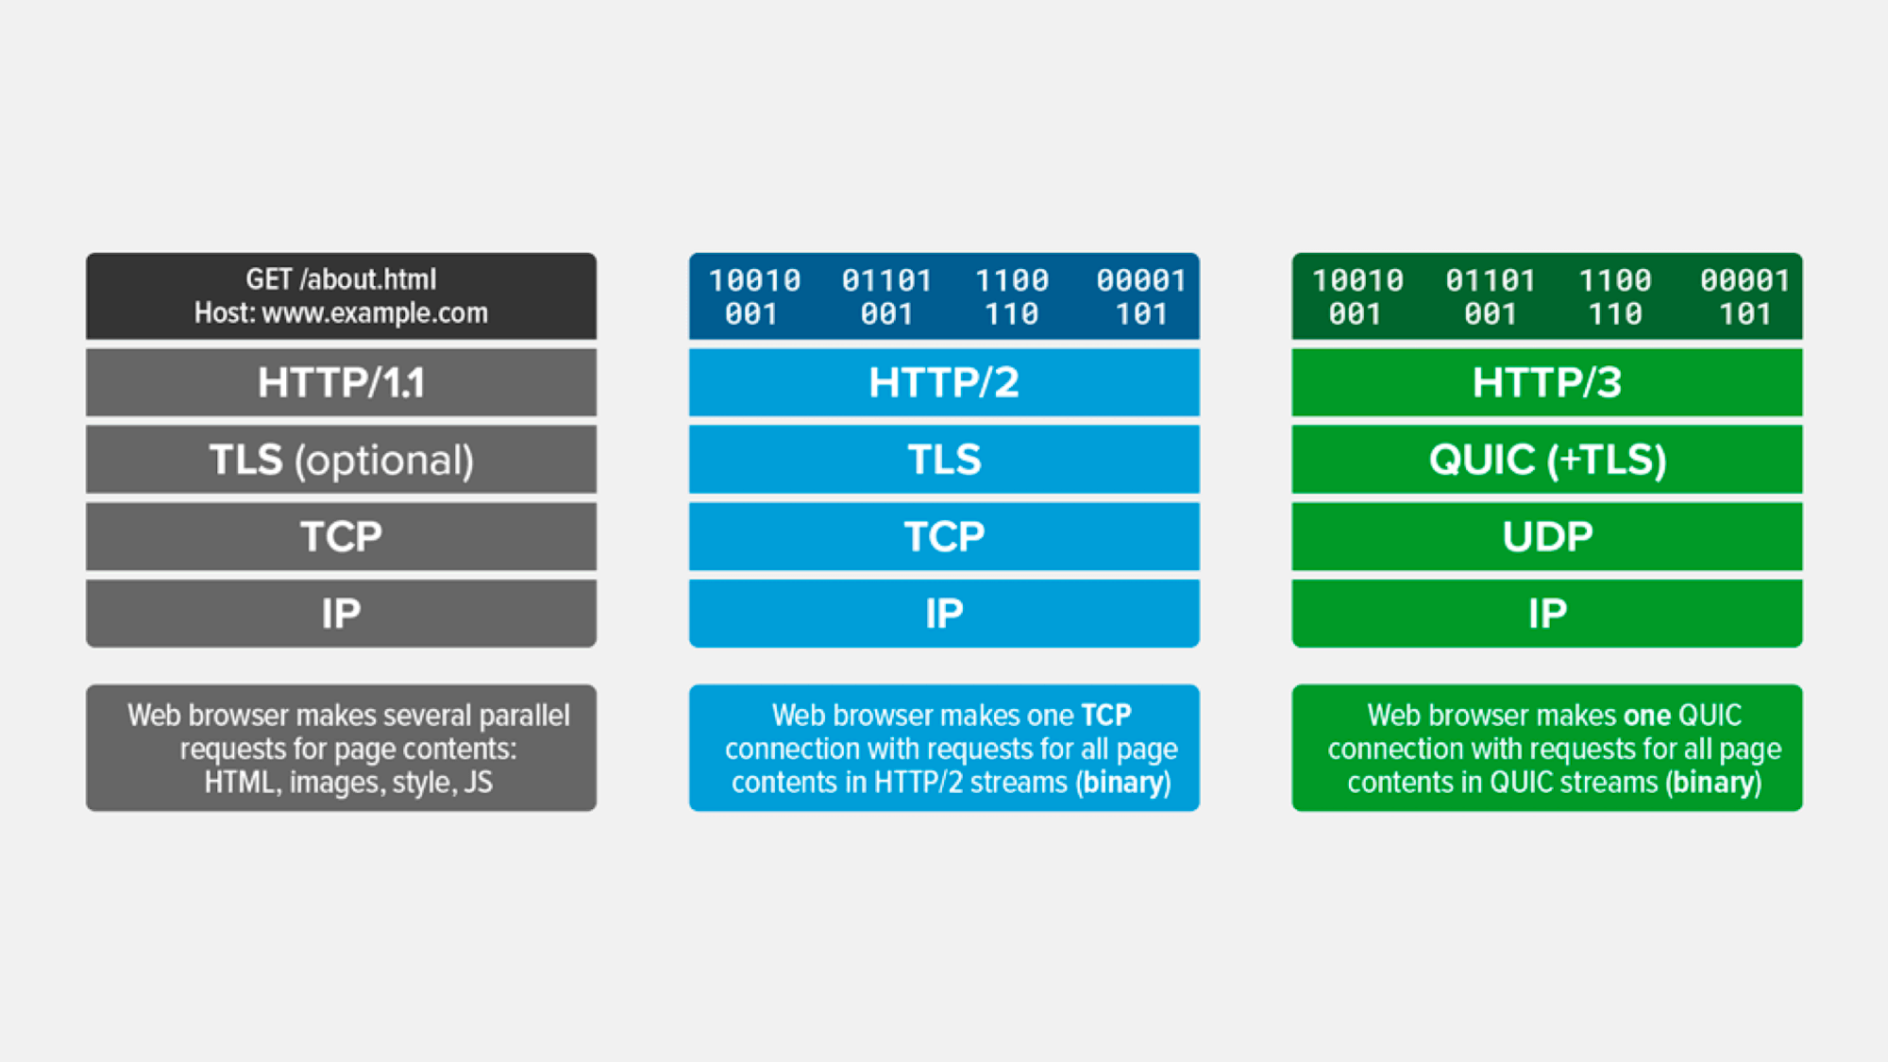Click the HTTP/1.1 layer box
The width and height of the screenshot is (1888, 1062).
click(x=341, y=382)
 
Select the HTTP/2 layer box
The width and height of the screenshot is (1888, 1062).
click(x=944, y=382)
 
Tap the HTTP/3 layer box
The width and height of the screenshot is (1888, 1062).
click(x=1547, y=382)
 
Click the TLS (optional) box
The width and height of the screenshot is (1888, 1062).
click(x=341, y=460)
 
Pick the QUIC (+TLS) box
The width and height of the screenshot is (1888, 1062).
click(x=1547, y=460)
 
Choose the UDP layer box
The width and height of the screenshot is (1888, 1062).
click(x=1547, y=536)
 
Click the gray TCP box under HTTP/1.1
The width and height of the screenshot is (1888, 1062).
click(x=341, y=536)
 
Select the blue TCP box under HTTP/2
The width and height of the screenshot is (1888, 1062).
click(x=944, y=536)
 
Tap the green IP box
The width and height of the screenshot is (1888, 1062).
click(x=1547, y=614)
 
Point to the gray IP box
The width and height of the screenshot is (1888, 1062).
click(x=341, y=614)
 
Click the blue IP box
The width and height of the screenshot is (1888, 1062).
click(x=944, y=614)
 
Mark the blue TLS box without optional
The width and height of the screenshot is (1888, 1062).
click(x=944, y=460)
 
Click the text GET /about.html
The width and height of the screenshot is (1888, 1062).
click(x=341, y=279)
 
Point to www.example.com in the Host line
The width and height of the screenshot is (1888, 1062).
click(x=375, y=313)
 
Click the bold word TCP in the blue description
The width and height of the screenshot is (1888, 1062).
click(x=1106, y=716)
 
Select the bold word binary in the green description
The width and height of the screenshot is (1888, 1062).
click(x=1713, y=783)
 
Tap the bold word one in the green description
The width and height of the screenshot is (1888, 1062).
click(x=1647, y=716)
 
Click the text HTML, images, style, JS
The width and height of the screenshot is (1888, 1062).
click(x=348, y=783)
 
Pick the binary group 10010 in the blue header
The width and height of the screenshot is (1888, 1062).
click(x=754, y=280)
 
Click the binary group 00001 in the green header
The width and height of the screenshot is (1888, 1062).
click(x=1745, y=280)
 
